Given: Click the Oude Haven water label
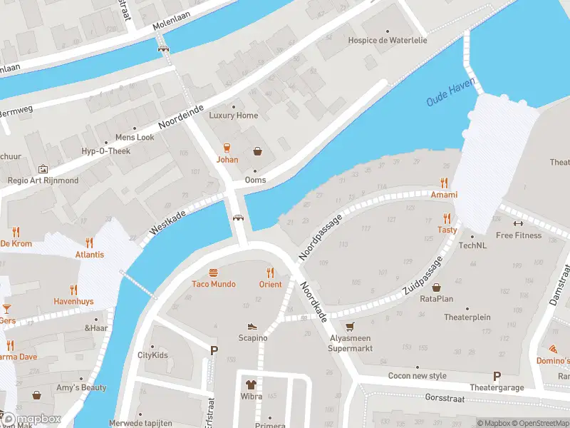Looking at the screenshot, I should [450, 93].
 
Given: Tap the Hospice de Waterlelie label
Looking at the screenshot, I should [388, 41].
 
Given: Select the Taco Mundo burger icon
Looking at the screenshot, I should [213, 272].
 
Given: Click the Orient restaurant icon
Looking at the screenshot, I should [270, 272].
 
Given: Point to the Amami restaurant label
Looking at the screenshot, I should [443, 195].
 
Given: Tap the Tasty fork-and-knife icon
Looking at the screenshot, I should [447, 218].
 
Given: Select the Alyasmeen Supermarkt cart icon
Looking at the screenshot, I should [349, 327].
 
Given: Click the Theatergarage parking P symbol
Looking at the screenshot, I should [497, 376].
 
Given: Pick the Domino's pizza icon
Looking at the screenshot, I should [554, 350].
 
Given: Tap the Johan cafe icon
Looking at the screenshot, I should [227, 148].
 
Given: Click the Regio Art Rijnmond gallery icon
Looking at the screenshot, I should [43, 169].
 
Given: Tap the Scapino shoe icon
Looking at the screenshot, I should [252, 326].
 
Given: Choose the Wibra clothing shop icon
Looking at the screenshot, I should [251, 384].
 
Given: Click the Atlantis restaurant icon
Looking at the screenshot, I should [89, 243].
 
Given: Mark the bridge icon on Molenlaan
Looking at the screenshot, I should [164, 49].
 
